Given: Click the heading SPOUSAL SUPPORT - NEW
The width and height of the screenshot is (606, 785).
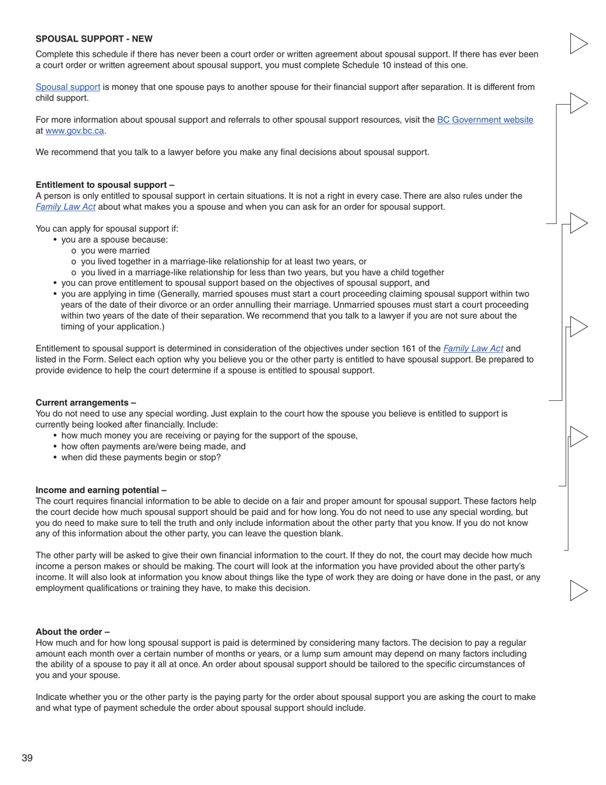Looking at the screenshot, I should coord(94,39).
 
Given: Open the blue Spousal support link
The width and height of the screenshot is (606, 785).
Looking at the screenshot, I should coord(68,87).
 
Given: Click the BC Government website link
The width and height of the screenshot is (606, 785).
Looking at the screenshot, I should coord(485,120).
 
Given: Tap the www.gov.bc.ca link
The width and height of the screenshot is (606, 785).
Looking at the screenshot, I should coord(75,131).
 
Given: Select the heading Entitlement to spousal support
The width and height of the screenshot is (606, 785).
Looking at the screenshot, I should coord(105,185).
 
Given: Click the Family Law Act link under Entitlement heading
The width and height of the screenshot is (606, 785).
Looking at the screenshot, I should coord(66,207).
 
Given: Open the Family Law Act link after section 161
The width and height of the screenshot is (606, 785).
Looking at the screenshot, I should coord(473,348).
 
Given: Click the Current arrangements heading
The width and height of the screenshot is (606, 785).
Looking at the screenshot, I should coord(85,403).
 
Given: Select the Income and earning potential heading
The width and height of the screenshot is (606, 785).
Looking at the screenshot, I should coord(101,490).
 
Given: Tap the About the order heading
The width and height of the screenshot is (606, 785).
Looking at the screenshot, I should coord(72,632).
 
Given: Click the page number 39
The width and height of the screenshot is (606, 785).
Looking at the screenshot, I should coord(27,758).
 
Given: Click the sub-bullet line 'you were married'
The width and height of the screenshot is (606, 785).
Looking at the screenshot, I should coord(115,251).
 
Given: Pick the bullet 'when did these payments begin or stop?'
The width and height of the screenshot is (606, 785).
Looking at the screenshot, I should coord(140,458).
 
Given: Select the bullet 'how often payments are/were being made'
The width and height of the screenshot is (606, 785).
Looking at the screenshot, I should coord(153,447).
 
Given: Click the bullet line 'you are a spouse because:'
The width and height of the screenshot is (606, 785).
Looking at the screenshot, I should coord(114,240).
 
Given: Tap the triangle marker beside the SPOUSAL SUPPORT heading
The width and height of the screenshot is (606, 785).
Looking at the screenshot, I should coord(577,43).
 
